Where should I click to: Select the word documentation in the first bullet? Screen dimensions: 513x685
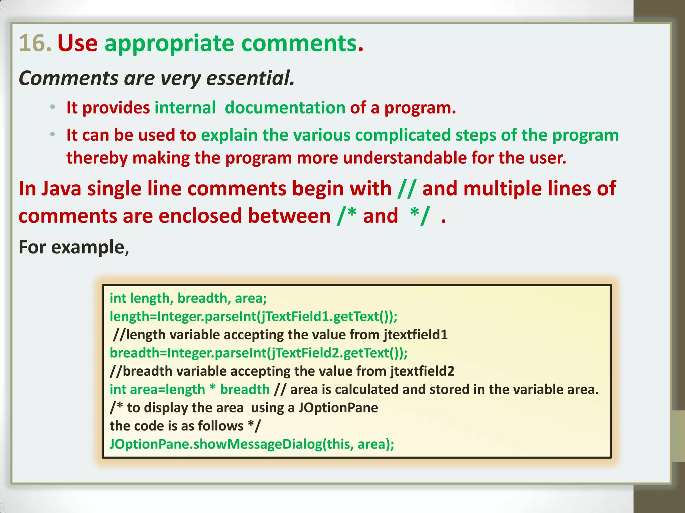coord(285,108)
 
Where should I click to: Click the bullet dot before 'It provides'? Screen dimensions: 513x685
coord(52,108)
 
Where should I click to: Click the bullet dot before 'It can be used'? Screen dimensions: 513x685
coord(52,135)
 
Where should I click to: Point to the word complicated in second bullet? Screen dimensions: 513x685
coord(403,135)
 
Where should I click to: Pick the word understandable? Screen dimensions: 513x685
coord(405,158)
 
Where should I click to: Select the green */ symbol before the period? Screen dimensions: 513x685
coord(419,216)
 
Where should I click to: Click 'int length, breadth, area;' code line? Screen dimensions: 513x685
coord(188,298)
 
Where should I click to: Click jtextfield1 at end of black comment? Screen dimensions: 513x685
coord(416,335)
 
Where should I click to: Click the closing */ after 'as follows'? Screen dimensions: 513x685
coord(254,426)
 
